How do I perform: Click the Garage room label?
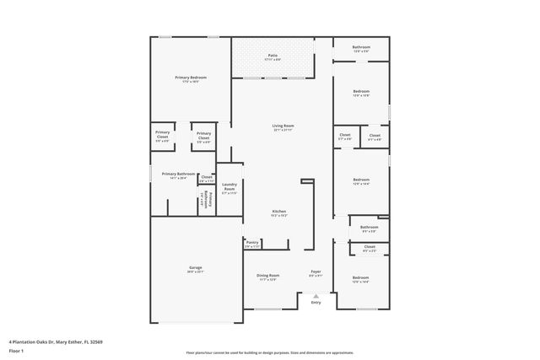[195, 267]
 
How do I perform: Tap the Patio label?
[271, 56]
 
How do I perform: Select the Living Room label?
[282, 126]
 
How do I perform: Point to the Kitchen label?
[279, 211]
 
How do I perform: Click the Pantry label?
[252, 242]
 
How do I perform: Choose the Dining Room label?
[267, 276]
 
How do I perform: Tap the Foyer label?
[316, 271]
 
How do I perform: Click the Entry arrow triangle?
[316, 296]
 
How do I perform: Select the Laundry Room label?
[229, 186]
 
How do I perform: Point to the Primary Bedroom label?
[191, 78]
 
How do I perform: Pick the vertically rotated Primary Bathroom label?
[205, 199]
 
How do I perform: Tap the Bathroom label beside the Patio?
[361, 47]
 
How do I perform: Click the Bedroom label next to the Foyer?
[360, 277]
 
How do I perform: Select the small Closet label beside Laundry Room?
[207, 177]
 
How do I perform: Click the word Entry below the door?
[316, 303]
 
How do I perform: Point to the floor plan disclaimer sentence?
[270, 352]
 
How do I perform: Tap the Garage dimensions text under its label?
[195, 271]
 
